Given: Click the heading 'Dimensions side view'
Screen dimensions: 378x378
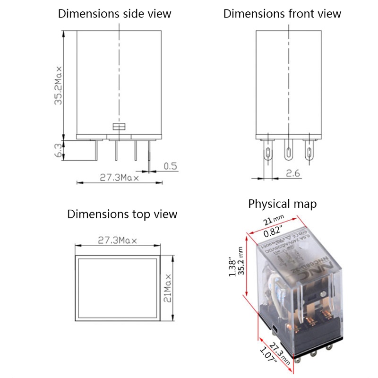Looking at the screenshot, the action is [114, 13].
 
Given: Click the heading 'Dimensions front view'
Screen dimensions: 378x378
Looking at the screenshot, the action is [282, 13].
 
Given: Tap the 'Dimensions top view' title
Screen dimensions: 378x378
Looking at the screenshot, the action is [122, 214].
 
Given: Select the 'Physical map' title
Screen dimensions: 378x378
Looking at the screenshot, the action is [282, 204].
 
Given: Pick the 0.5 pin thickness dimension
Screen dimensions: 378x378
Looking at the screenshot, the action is [170, 166].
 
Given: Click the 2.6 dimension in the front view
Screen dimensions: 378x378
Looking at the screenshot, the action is [293, 173].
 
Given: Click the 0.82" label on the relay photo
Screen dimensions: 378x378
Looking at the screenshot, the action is [273, 232].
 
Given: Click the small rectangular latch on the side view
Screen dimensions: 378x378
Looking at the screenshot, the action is [118, 127].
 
